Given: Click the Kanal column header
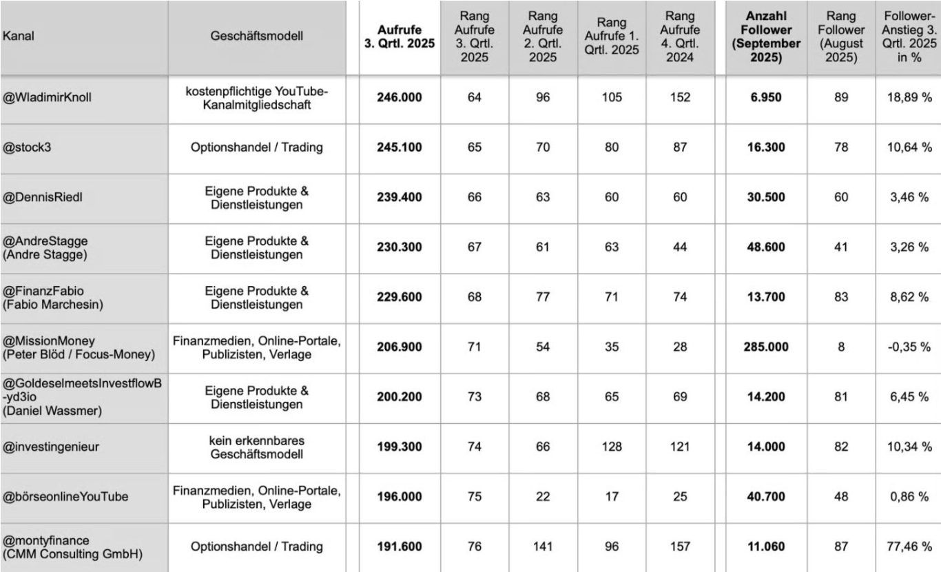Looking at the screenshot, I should click(x=19, y=37).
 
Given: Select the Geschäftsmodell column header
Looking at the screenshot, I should click(x=256, y=37).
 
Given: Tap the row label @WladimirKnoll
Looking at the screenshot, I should click(x=47, y=97).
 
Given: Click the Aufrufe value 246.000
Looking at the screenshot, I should click(x=400, y=97).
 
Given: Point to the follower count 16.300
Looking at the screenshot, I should click(x=765, y=147).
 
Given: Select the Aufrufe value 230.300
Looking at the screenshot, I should click(x=400, y=247).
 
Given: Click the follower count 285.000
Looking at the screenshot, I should click(x=765, y=347).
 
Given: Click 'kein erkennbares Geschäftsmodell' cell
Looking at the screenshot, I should click(x=256, y=447).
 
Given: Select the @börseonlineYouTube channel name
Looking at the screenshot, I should click(x=65, y=496).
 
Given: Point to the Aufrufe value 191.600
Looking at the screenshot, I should click(x=400, y=547).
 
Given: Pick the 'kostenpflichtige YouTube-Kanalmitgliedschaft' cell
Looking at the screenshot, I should click(x=256, y=97).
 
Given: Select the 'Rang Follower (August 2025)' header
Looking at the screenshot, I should click(x=841, y=37).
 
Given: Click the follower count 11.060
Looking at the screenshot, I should click(x=765, y=547).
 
